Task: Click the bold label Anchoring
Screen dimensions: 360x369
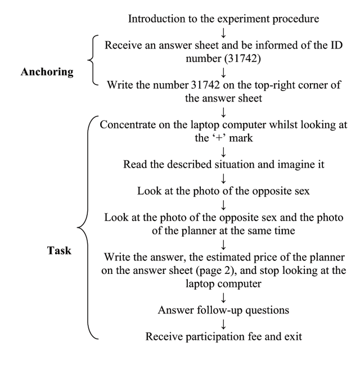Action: click(x=47, y=72)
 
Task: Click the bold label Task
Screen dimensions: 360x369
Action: click(x=59, y=250)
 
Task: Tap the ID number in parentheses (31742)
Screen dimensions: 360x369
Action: click(x=242, y=58)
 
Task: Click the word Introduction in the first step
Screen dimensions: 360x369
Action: click(x=156, y=19)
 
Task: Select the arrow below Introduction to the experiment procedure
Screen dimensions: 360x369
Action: click(x=223, y=33)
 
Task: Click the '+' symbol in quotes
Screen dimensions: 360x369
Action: click(x=219, y=138)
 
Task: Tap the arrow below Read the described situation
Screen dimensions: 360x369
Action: click(x=223, y=179)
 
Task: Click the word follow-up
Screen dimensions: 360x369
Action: click(x=219, y=310)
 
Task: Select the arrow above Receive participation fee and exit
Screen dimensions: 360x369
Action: click(x=223, y=324)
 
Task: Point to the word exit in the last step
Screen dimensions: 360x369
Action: click(x=293, y=336)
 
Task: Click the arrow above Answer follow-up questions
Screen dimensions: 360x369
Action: click(x=223, y=298)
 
